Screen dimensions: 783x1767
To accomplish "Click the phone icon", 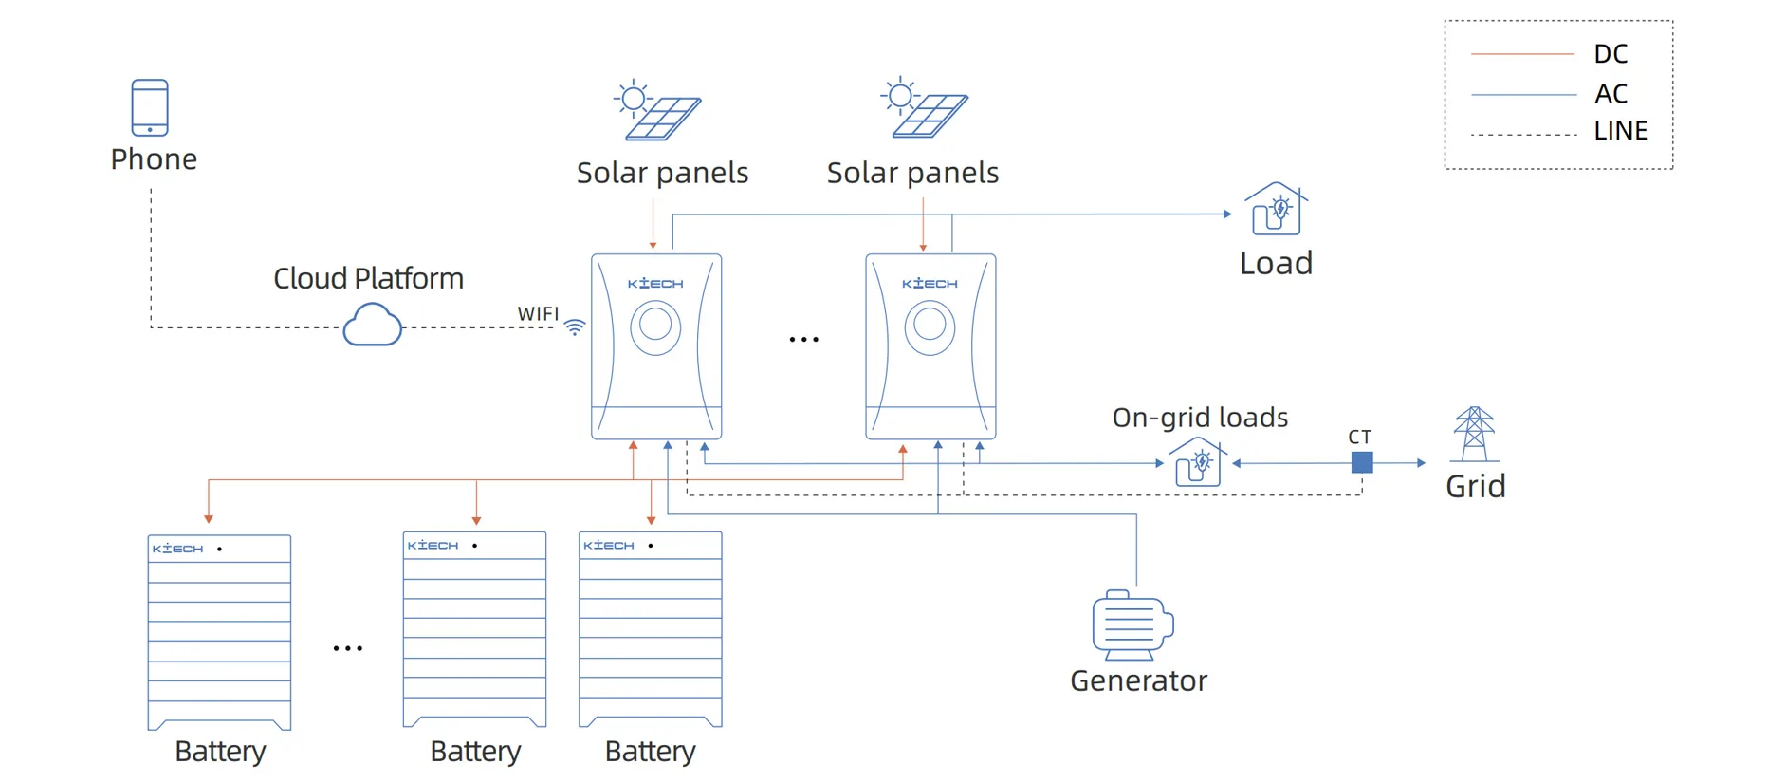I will [x=150, y=107].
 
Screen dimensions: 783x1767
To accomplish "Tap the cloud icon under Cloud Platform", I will [x=372, y=325].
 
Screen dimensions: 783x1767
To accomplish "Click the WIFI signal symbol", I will [x=575, y=327].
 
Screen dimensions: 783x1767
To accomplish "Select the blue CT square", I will [x=1362, y=462].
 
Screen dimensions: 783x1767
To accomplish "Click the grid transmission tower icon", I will [x=1474, y=434].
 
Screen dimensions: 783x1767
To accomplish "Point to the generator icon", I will [x=1132, y=625].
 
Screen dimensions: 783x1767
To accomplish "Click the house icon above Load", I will [x=1276, y=209].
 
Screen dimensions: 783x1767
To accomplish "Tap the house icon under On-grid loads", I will [x=1197, y=462].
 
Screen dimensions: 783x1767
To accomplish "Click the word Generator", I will [x=1138, y=680].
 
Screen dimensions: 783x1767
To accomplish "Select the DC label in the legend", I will [x=1611, y=54].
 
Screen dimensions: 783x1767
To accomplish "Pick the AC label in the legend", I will [x=1611, y=94].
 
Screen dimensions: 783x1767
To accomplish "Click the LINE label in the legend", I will [x=1620, y=131].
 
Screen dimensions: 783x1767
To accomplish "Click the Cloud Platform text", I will [x=368, y=278].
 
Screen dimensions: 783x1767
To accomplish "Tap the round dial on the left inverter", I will [x=655, y=326].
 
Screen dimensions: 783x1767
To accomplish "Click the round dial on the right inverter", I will [x=930, y=326].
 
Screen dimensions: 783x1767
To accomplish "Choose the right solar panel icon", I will [x=925, y=108].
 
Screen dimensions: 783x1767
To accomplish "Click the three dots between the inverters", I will [x=803, y=339].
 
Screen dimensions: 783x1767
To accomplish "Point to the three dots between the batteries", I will [x=347, y=648].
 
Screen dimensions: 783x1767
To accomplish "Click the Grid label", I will [x=1475, y=486].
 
